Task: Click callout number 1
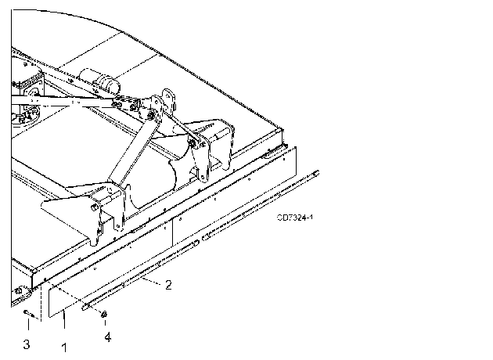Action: pos(64,347)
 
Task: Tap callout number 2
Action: pos(168,285)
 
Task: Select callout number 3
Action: pos(27,344)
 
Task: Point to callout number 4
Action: pos(108,337)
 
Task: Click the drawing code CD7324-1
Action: pos(295,218)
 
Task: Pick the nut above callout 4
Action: pos(104,314)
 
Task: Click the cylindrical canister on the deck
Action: pos(100,81)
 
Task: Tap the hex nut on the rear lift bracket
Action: pos(192,143)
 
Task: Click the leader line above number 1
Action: pos(64,319)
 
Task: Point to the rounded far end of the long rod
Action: pos(316,173)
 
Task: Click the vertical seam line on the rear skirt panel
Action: pos(173,233)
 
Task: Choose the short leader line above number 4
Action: pos(105,322)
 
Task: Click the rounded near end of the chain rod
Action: pos(85,308)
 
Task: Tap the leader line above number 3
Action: pos(28,325)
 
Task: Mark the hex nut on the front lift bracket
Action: pos(94,207)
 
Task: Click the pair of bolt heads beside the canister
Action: pos(117,104)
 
